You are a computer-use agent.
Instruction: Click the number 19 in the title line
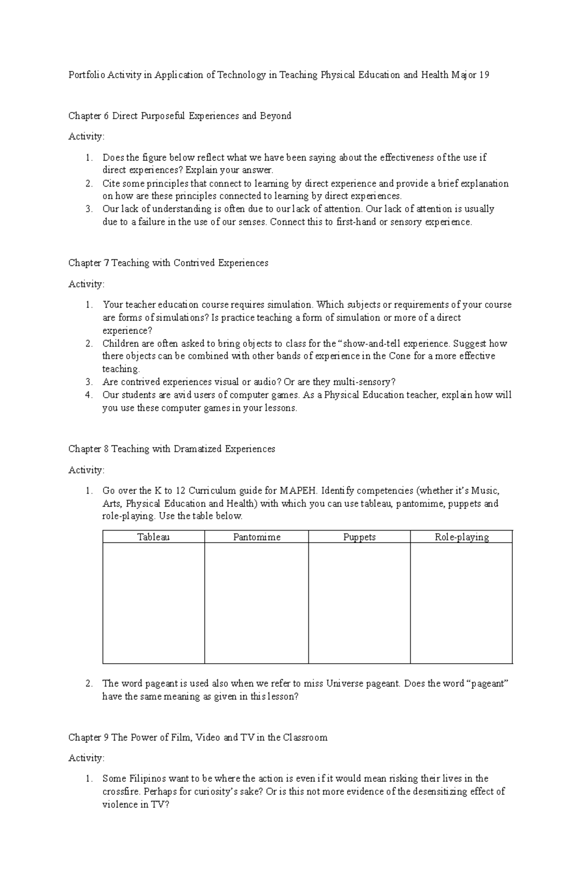tap(484, 75)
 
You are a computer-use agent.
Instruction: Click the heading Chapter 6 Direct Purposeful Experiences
tap(180, 116)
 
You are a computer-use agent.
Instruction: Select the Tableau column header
tap(153, 537)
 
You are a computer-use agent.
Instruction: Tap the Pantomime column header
tap(257, 537)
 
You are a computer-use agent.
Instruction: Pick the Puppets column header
tap(359, 537)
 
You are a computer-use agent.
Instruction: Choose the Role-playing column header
tap(461, 537)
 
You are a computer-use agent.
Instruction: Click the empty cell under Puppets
tap(359, 603)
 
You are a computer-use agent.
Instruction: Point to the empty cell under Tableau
tap(153, 603)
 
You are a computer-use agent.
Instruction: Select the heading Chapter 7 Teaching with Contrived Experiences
tap(168, 263)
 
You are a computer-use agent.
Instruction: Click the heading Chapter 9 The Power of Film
tap(198, 737)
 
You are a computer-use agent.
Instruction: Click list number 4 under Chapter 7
tap(89, 395)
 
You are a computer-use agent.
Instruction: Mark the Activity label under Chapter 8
tap(86, 470)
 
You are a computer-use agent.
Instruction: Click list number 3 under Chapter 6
tap(89, 209)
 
